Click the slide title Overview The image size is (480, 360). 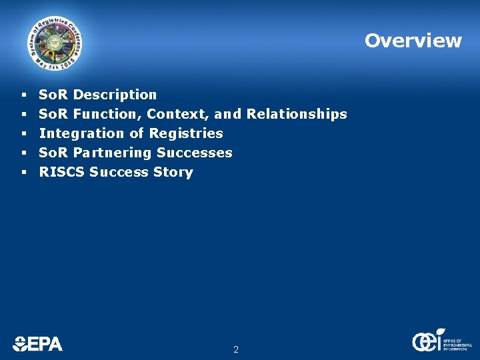tap(413, 41)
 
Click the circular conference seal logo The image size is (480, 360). tap(56, 43)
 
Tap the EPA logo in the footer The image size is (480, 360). tap(37, 343)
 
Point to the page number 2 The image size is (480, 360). tap(236, 349)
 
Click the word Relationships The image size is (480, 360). tap(297, 114)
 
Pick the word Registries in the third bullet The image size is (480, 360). tap(186, 133)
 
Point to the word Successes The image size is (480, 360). tap(195, 153)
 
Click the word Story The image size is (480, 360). tap(173, 172)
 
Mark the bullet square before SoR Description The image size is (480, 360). tap(23, 95)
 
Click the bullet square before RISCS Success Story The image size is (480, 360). tap(23, 172)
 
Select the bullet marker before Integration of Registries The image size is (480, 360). tap(23, 133)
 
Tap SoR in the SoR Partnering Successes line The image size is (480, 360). tap(53, 153)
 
